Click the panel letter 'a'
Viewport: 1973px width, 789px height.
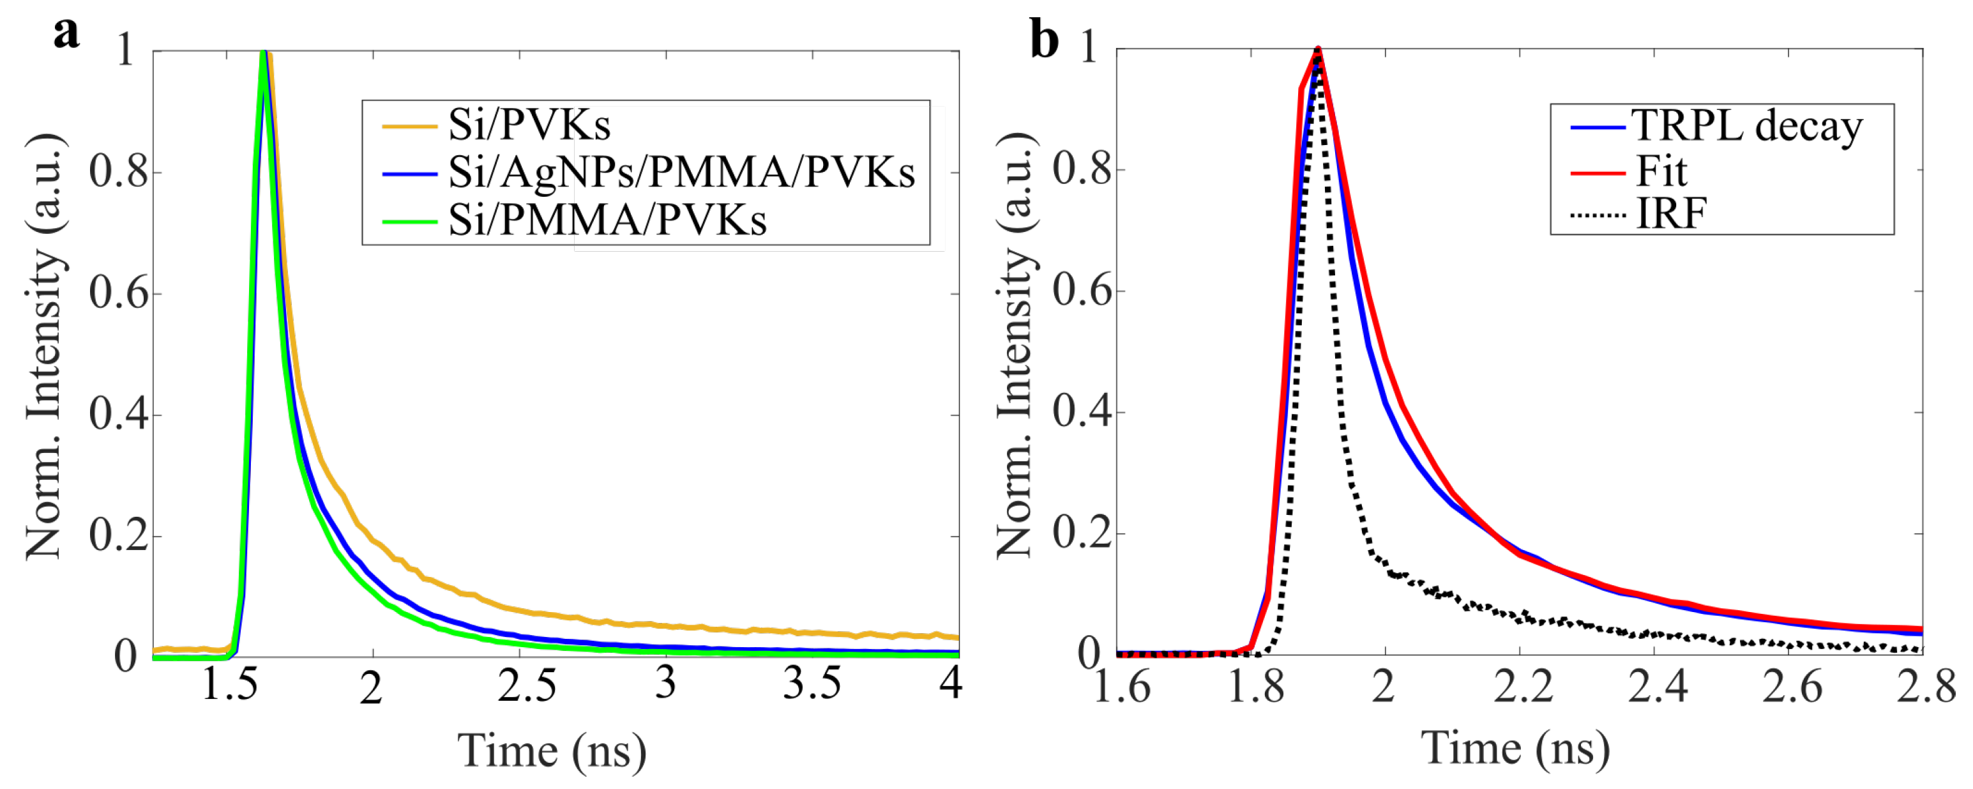click(66, 33)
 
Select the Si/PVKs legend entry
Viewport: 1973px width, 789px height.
click(529, 125)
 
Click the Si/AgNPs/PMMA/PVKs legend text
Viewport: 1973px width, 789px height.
click(681, 172)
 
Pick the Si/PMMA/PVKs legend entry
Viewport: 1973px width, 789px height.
click(607, 220)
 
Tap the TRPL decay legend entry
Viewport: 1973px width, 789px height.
click(1747, 126)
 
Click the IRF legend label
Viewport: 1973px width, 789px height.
click(1670, 214)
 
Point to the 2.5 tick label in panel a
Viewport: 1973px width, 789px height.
click(526, 685)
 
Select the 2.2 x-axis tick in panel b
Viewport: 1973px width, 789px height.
click(1523, 686)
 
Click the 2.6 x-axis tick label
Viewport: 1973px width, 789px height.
click(1792, 686)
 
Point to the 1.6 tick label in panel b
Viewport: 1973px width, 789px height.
click(1121, 686)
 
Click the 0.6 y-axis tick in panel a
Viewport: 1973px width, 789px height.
click(118, 293)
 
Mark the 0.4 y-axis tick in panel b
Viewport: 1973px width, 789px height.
click(1082, 411)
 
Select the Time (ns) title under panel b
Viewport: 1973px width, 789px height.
click(1515, 748)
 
